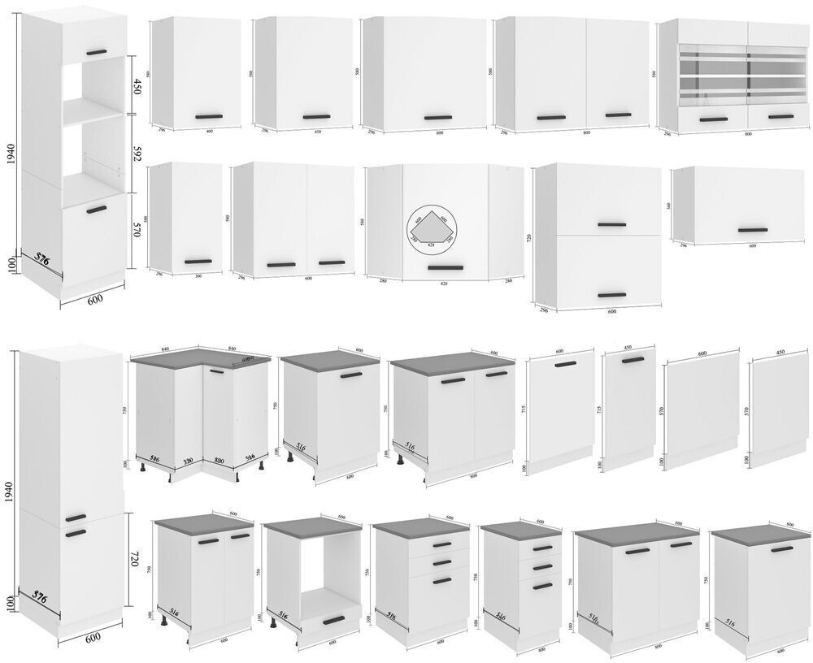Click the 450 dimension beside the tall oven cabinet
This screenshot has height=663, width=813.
(136, 86)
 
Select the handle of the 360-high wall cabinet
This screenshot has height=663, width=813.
(752, 230)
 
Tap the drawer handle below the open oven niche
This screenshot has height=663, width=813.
(334, 621)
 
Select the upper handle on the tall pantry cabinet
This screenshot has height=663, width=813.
(76, 518)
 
